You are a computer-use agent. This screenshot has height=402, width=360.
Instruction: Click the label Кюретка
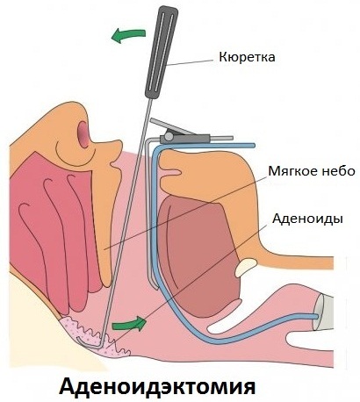tap(247, 57)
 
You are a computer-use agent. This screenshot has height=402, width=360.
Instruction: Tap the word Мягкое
tap(291, 171)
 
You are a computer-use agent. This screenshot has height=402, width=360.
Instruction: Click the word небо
tap(336, 171)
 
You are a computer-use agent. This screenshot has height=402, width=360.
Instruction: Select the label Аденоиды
tap(307, 219)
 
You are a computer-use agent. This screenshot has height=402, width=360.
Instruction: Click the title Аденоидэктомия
tap(157, 386)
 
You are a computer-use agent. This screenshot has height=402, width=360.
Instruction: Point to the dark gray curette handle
tap(162, 52)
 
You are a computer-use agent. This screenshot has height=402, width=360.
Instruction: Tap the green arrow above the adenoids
tap(129, 324)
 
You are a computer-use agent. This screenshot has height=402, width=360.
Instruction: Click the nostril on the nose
tap(83, 134)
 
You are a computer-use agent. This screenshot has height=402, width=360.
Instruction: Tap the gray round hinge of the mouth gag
tap(169, 136)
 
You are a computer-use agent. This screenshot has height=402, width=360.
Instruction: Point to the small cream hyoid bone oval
tap(245, 268)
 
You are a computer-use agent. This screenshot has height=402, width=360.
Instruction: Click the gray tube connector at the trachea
tap(323, 312)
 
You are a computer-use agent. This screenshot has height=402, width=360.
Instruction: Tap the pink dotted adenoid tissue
tap(95, 336)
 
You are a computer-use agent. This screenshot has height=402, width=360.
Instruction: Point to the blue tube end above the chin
tap(252, 145)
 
